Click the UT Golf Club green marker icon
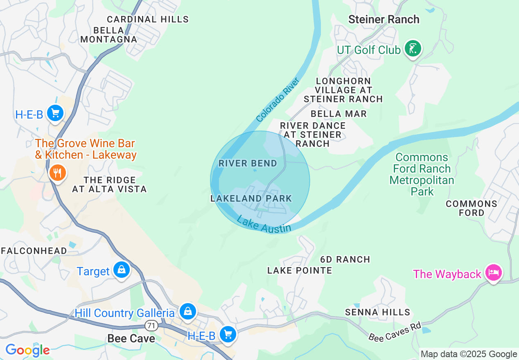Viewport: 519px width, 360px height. (413, 49)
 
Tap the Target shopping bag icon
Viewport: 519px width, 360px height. (122, 270)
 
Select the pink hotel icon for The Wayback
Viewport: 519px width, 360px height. (493, 272)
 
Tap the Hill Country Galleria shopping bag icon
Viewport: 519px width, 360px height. (187, 311)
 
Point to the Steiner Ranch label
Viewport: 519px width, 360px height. (384, 19)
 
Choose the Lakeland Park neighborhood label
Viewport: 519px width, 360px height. (251, 198)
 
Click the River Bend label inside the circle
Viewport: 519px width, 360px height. (248, 163)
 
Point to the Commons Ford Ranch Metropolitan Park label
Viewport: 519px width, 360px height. (422, 174)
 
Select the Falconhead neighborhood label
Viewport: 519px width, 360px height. (34, 251)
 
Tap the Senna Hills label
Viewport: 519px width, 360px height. (377, 312)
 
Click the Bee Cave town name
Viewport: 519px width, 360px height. (131, 339)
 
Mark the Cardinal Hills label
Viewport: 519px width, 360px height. (148, 19)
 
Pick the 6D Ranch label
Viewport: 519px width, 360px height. (345, 259)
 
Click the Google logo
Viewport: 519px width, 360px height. (27, 350)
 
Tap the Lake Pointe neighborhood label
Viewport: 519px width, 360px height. (300, 270)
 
